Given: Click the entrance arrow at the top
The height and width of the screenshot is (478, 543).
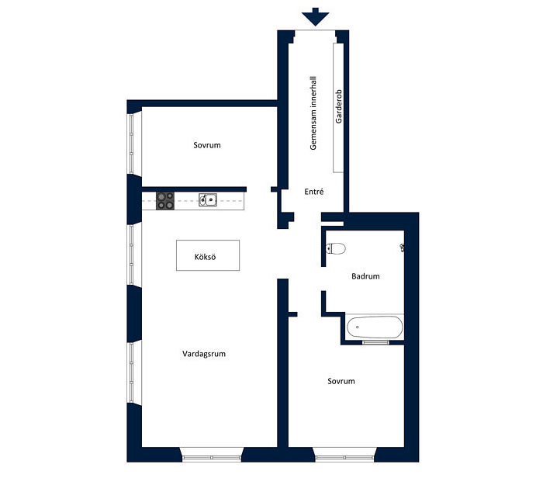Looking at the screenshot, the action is (x=315, y=16).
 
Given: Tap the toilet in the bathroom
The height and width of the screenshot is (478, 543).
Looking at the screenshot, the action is (x=336, y=248).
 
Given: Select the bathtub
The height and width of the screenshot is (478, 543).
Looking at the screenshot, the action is (x=375, y=327).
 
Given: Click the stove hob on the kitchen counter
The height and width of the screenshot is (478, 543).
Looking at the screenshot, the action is (x=165, y=201).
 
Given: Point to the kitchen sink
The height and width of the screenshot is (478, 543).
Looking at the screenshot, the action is (x=208, y=200).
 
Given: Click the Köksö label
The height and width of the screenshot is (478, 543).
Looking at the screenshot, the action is (x=205, y=257).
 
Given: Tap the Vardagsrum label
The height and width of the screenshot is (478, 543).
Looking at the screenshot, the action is (x=204, y=354).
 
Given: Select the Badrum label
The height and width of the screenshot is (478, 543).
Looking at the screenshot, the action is (x=365, y=276).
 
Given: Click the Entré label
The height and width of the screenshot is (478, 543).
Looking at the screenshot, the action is (x=314, y=192).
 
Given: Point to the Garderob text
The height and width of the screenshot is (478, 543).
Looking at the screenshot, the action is (x=339, y=106).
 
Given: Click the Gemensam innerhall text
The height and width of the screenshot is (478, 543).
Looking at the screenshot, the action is (x=313, y=113).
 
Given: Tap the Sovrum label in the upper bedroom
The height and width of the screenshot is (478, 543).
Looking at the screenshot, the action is (x=207, y=145).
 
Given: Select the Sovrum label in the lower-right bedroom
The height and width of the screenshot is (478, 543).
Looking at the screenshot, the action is (x=341, y=381).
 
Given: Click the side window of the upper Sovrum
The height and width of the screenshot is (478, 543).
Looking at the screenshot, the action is (x=131, y=144).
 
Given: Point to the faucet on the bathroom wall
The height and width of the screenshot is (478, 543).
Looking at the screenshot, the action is (x=402, y=248).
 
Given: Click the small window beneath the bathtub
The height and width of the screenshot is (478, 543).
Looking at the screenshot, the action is (x=375, y=342).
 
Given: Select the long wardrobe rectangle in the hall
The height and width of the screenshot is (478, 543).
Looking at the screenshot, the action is (x=338, y=108).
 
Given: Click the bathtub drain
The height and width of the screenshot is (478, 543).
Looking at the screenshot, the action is (x=357, y=327).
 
